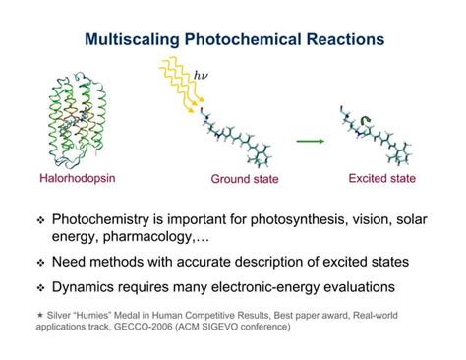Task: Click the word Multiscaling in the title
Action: coord(132,39)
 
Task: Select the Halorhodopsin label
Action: coord(78,178)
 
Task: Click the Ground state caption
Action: coord(245,179)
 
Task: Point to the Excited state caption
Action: coord(382,178)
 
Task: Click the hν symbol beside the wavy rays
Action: coord(201,76)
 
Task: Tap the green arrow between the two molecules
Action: coord(311,141)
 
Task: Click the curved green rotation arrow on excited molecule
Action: coord(365,121)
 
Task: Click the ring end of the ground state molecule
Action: coord(260,154)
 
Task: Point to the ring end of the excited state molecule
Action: coord(399,153)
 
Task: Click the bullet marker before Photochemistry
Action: coord(40,220)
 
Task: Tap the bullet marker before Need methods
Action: coord(40,263)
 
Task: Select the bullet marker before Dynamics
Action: coord(40,288)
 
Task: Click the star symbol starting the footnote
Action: coord(40,315)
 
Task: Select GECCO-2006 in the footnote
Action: coord(144,327)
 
